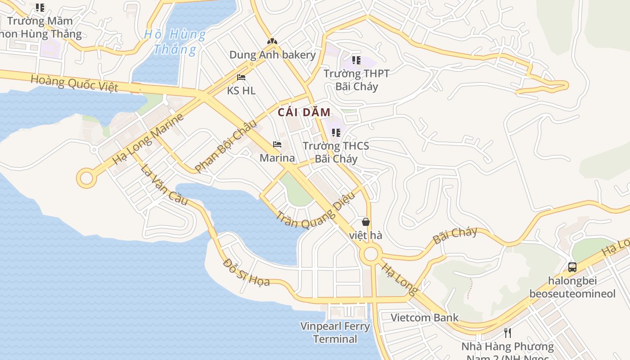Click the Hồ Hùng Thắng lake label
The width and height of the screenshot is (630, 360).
click(x=175, y=41)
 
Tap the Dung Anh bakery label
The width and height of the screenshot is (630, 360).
click(x=273, y=55)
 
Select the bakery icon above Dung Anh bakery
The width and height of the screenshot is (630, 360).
click(x=272, y=41)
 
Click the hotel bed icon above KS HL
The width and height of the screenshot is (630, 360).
click(x=241, y=77)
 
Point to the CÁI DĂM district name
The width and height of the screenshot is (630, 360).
click(x=304, y=112)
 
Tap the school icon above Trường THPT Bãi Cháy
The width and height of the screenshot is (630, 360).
click(x=356, y=60)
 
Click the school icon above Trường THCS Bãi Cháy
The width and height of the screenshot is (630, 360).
click(x=336, y=132)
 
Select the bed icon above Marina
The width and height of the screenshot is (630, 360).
click(x=277, y=144)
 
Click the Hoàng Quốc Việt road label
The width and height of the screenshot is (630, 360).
click(x=74, y=83)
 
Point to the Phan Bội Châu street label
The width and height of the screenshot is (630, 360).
click(x=225, y=146)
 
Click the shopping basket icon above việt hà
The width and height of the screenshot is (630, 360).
click(x=366, y=222)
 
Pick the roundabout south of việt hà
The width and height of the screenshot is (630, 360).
click(x=371, y=254)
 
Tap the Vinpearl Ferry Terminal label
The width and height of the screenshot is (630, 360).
click(x=335, y=333)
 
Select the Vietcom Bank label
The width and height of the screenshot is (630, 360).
click(x=424, y=318)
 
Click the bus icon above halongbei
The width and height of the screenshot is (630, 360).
click(x=572, y=267)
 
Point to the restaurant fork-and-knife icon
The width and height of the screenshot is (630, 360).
click(x=508, y=333)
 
